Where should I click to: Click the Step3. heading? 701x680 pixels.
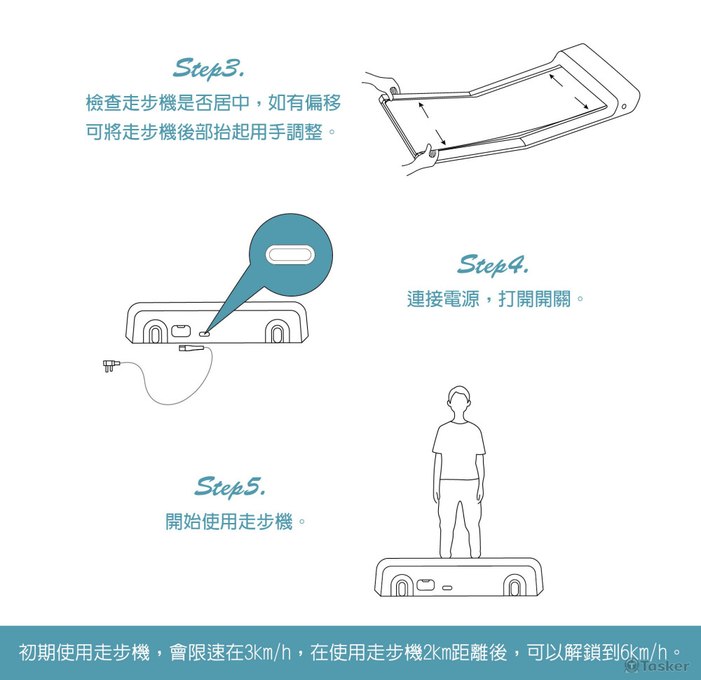tap(208, 69)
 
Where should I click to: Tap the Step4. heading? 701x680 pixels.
tap(493, 265)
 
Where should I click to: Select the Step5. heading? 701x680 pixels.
tap(230, 487)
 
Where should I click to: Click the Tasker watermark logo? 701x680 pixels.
tap(657, 666)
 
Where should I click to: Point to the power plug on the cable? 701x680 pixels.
tap(111, 366)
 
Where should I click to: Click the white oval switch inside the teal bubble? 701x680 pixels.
tap(290, 255)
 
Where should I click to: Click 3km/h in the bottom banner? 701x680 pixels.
tap(268, 652)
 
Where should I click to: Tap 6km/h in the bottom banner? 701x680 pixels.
tap(644, 652)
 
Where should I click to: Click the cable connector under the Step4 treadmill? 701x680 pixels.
tap(191, 348)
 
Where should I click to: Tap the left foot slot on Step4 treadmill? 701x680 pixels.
tap(155, 332)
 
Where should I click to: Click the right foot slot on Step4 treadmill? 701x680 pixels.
tap(277, 332)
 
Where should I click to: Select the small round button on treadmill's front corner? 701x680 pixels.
tap(624, 107)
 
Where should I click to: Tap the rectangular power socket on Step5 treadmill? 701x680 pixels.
tap(426, 585)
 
